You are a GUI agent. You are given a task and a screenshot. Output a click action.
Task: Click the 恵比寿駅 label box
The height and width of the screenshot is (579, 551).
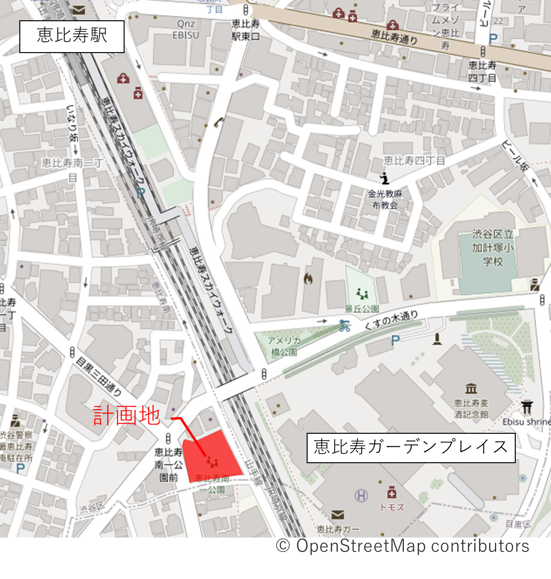[x=72, y=36]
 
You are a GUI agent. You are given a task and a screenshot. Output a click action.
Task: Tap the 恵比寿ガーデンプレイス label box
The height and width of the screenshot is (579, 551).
[x=411, y=447]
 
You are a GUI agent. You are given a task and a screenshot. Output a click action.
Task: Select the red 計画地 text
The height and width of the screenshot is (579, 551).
[x=127, y=415]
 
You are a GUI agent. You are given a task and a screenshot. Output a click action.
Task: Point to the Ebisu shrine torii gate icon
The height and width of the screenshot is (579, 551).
[x=527, y=407]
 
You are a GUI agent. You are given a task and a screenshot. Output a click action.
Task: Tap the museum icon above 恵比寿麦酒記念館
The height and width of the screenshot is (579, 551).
[x=471, y=388]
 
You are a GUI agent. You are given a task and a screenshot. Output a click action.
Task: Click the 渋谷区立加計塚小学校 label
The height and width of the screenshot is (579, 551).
[x=493, y=248]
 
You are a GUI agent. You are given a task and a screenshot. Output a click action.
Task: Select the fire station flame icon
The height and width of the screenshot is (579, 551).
[x=308, y=278]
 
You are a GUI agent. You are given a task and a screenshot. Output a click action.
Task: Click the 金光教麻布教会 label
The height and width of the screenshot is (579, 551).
[x=385, y=199]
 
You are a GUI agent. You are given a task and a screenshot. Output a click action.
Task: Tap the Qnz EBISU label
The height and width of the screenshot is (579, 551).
[x=185, y=29]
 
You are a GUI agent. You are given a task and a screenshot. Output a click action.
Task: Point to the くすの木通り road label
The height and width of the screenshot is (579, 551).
[x=391, y=320]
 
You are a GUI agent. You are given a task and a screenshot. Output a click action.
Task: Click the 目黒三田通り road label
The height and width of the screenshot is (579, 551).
[x=99, y=376]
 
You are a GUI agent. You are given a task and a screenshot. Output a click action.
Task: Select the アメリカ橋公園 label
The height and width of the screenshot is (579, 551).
[x=284, y=346]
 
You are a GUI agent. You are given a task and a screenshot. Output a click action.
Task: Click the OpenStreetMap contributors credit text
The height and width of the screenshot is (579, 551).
[x=403, y=546]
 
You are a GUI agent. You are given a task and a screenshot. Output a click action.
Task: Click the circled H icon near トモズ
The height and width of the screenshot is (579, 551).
[x=361, y=495]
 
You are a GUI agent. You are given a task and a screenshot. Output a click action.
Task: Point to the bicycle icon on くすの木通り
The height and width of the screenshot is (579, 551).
[x=344, y=326]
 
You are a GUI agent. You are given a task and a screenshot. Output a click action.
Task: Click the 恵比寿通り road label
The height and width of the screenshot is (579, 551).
[x=395, y=36]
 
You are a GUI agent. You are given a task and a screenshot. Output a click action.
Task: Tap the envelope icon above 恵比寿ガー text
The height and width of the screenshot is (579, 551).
[x=338, y=515]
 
